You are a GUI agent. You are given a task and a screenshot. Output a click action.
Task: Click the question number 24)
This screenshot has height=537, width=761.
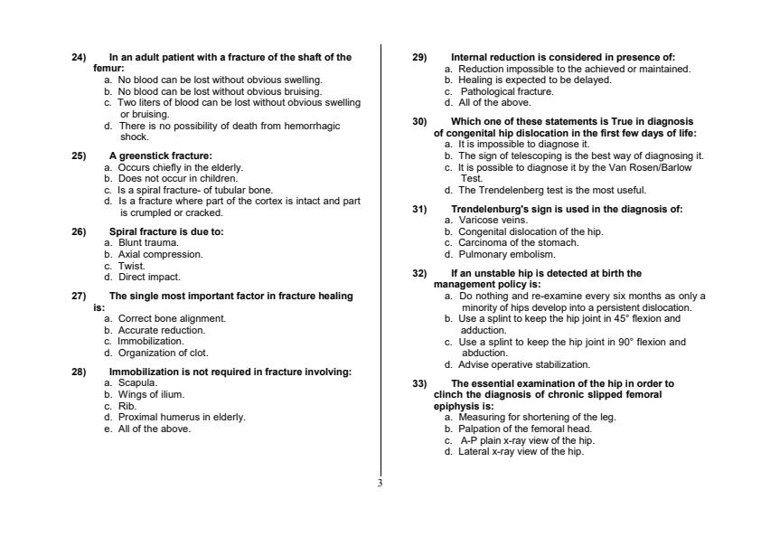click(x=79, y=58)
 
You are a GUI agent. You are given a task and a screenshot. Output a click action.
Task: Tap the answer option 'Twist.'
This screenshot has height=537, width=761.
click(x=132, y=266)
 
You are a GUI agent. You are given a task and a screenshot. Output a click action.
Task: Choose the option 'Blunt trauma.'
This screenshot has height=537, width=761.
click(x=149, y=242)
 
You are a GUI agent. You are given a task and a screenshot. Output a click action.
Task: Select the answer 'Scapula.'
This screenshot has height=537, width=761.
click(x=138, y=382)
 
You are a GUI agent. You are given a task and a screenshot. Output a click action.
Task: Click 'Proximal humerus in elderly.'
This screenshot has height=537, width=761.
click(x=182, y=417)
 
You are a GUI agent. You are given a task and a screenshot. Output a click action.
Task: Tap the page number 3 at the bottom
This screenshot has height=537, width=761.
click(x=380, y=483)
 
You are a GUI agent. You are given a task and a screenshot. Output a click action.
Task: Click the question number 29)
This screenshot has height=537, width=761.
click(x=419, y=58)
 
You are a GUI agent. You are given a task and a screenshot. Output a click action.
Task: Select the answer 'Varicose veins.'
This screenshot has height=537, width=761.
click(x=493, y=220)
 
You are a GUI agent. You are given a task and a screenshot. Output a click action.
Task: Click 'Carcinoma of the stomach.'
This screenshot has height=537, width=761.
click(x=518, y=242)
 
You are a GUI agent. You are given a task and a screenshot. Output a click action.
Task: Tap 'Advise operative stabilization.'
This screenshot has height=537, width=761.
click(x=524, y=364)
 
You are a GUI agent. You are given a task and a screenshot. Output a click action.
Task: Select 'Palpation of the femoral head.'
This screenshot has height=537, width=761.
click(x=525, y=429)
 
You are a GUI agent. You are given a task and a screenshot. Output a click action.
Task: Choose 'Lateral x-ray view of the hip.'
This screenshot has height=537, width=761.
click(x=521, y=451)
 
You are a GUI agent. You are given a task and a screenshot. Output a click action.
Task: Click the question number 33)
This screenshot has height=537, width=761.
click(x=419, y=383)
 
